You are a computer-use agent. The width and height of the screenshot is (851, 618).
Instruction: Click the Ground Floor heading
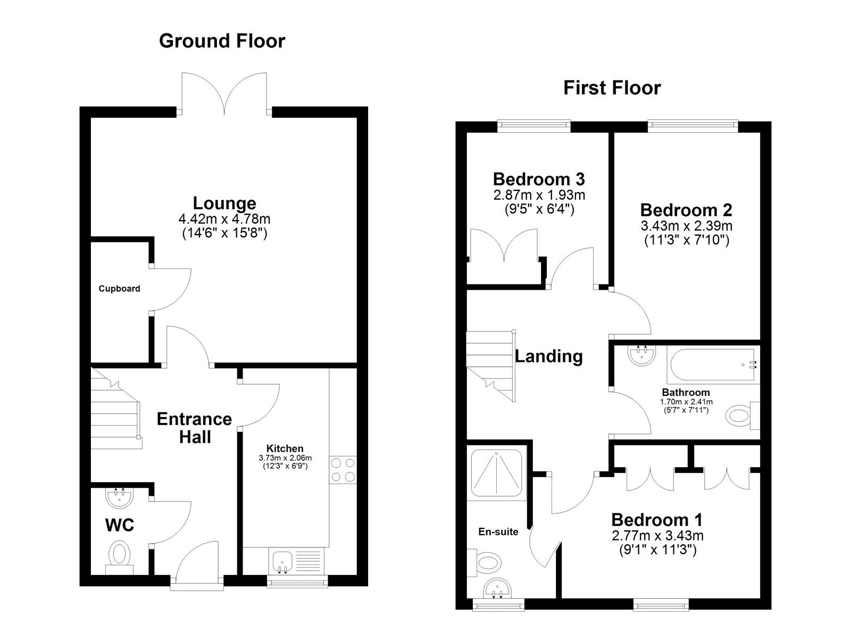click(222, 41)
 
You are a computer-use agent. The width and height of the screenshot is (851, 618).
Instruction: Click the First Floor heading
click(612, 88)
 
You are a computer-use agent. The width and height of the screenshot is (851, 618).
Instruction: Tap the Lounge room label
click(224, 203)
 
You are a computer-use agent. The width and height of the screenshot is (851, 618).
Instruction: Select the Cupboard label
click(119, 289)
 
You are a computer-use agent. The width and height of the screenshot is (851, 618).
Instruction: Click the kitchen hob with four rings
click(343, 470)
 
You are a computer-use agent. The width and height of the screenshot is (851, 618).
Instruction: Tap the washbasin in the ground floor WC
click(120, 497)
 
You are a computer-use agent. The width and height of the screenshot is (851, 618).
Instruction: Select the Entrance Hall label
click(194, 428)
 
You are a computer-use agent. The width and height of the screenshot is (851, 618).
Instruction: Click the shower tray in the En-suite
click(497, 472)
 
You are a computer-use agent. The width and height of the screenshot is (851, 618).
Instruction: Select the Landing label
click(548, 356)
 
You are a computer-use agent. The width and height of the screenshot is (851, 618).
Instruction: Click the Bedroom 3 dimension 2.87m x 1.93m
click(539, 195)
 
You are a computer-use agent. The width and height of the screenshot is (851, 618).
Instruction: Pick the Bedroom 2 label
click(686, 209)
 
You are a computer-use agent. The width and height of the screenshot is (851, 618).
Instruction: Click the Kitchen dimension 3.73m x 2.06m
click(285, 458)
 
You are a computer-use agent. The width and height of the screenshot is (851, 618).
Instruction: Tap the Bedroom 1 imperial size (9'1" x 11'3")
click(657, 550)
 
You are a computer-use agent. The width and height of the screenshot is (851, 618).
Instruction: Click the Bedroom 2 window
click(693, 126)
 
